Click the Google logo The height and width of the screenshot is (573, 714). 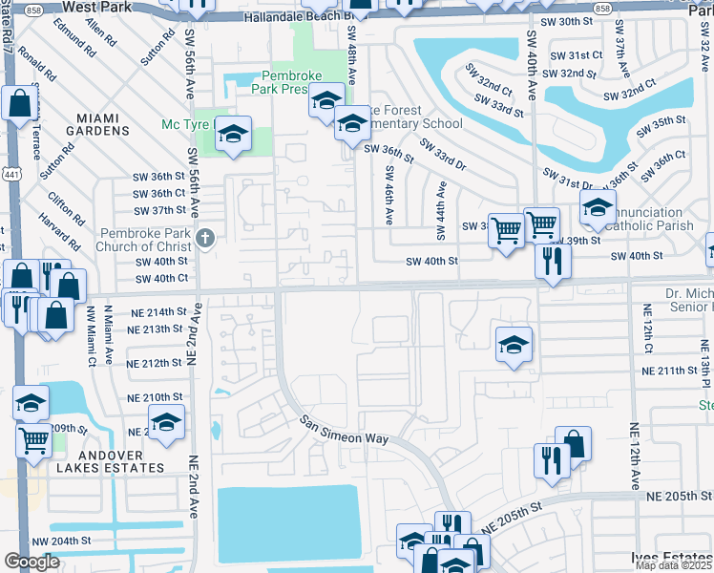coord(31,562)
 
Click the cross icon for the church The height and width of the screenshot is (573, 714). coord(202,238)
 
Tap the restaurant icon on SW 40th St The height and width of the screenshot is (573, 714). coord(552,261)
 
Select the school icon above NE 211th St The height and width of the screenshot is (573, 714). coord(514,345)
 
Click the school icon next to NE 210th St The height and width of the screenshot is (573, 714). coord(167,423)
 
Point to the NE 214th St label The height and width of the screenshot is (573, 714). coord(142,312)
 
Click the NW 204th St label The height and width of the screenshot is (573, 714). coord(66,541)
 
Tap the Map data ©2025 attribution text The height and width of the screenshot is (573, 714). coord(674,565)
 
